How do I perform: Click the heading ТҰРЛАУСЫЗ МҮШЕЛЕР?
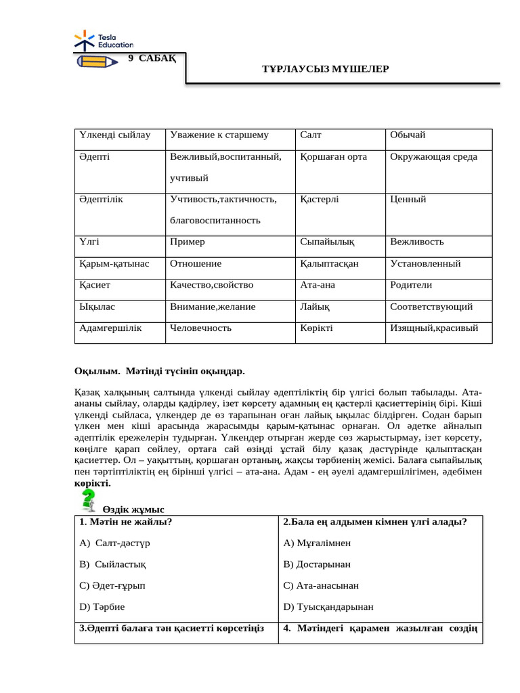pyautogui.click(x=325, y=69)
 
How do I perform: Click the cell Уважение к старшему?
pyautogui.click(x=219, y=135)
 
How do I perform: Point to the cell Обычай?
pyautogui.click(x=408, y=135)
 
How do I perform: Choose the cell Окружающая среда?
pyautogui.click(x=433, y=157)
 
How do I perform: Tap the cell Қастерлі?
pyautogui.click(x=320, y=200)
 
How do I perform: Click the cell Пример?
pyautogui.click(x=188, y=242)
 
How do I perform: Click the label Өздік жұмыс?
pyautogui.click(x=133, y=510)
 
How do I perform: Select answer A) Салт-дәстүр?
pyautogui.click(x=114, y=543)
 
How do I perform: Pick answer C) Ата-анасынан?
pyautogui.click(x=321, y=585)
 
